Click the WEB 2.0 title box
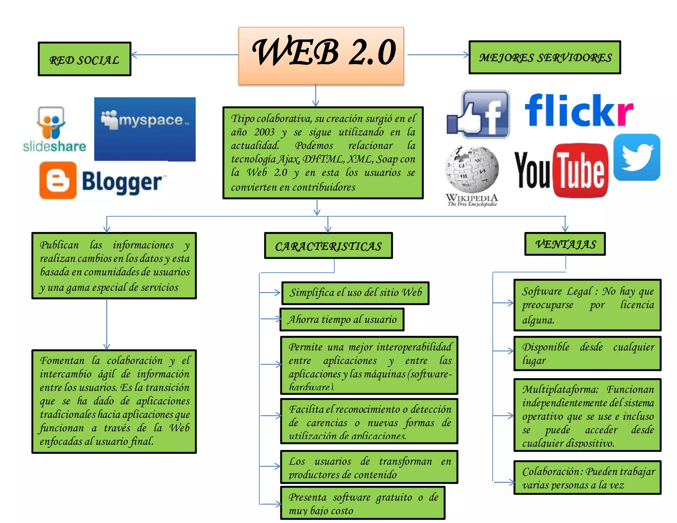point(321,56)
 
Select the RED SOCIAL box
point(85,59)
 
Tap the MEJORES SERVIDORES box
point(545,58)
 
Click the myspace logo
point(145,129)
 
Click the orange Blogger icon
point(58,181)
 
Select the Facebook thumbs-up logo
point(478,114)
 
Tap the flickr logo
point(579,110)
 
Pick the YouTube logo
point(561,171)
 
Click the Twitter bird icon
point(637,157)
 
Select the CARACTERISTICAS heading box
point(328,246)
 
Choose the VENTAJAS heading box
point(565,244)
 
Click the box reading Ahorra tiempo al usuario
point(342,319)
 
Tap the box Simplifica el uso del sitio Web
point(355,293)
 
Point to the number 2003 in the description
point(264,132)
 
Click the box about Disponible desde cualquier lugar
point(587,353)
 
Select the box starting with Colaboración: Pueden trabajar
point(587,478)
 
